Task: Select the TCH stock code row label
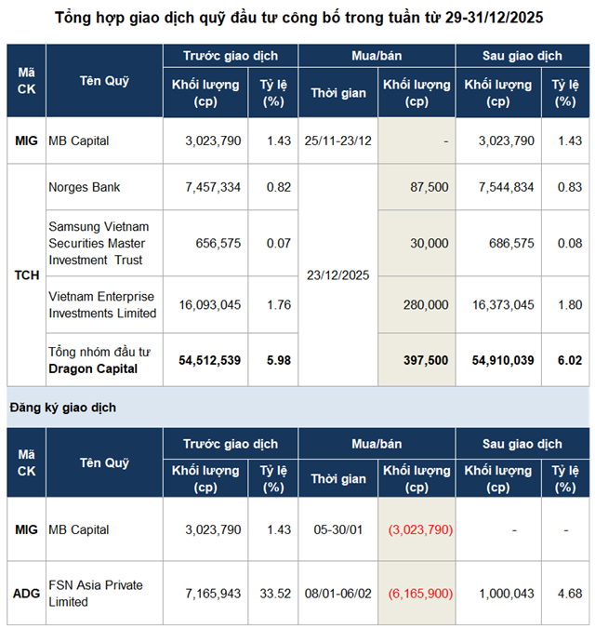coord(26,275)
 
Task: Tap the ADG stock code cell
coord(26,593)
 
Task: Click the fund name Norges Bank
coord(85,187)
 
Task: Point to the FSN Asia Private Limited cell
coord(95,593)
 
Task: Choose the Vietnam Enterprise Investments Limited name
coord(101,304)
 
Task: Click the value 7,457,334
coord(213,187)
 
